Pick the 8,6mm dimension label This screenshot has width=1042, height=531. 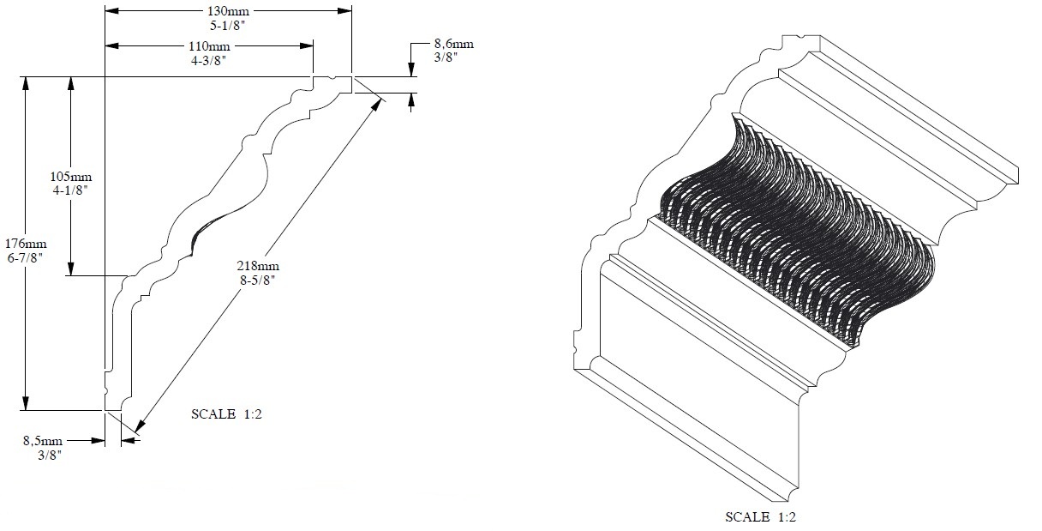[453, 43]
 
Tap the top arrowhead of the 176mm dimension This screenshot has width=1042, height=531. [27, 83]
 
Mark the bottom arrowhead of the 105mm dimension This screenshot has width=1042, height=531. [70, 269]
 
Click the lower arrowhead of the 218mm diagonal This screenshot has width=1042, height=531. [139, 425]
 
